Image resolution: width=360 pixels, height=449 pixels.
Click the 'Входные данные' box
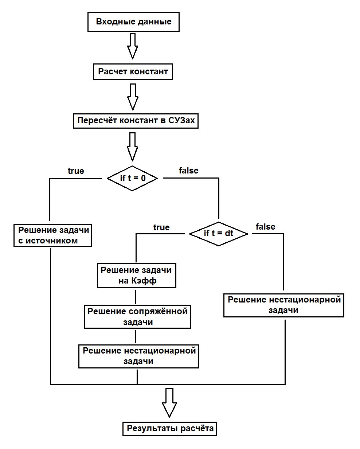tap(133, 22)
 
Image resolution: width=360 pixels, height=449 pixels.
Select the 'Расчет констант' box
tap(133, 72)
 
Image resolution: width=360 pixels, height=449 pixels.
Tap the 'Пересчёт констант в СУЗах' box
tap(136, 121)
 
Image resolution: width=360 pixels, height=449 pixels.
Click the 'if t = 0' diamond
tap(132, 178)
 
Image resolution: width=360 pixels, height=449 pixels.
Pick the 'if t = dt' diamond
tap(219, 234)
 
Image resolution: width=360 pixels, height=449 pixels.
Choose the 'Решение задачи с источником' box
tap(53, 236)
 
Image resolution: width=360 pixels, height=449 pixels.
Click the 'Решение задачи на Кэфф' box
tap(137, 276)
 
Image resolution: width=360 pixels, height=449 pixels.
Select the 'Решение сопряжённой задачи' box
tap(137, 317)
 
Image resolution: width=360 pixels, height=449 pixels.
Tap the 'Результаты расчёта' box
tap(169, 429)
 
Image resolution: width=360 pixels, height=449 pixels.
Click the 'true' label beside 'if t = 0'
tap(76, 171)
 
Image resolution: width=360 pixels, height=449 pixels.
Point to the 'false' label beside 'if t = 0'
tap(188, 171)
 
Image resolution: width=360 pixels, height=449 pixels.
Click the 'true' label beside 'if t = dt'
tap(161, 227)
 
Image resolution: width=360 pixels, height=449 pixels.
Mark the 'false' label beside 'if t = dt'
tap(266, 227)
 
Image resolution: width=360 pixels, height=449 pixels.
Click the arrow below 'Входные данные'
tap(133, 46)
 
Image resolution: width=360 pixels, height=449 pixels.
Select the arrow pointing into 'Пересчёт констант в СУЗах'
tap(133, 97)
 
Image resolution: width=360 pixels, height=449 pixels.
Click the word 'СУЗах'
tap(181, 120)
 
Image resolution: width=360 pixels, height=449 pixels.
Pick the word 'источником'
tap(51, 241)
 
